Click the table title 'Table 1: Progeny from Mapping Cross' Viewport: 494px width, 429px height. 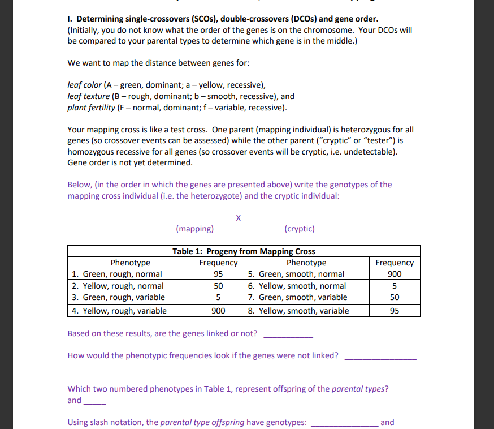click(244, 251)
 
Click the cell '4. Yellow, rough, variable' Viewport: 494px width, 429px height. click(119, 310)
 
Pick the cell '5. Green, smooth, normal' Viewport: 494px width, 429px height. click(296, 274)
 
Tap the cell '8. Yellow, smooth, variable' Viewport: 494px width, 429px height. click(298, 310)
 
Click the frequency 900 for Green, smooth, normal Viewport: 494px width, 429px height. click(395, 274)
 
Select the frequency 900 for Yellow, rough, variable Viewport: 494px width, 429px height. click(218, 310)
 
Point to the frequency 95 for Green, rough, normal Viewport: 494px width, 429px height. click(218, 274)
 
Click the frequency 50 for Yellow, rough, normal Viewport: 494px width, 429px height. click(218, 286)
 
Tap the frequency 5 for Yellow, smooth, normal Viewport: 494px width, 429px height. click(395, 286)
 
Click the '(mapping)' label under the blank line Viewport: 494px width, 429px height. click(194, 229)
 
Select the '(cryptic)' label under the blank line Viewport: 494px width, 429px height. click(300, 229)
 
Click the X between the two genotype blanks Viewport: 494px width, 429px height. click(239, 217)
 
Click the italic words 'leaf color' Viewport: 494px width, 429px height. click(84, 85)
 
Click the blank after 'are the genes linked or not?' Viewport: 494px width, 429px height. click(288, 334)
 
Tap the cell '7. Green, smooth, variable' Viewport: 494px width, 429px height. click(297, 297)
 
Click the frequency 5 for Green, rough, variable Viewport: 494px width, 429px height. click(218, 297)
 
